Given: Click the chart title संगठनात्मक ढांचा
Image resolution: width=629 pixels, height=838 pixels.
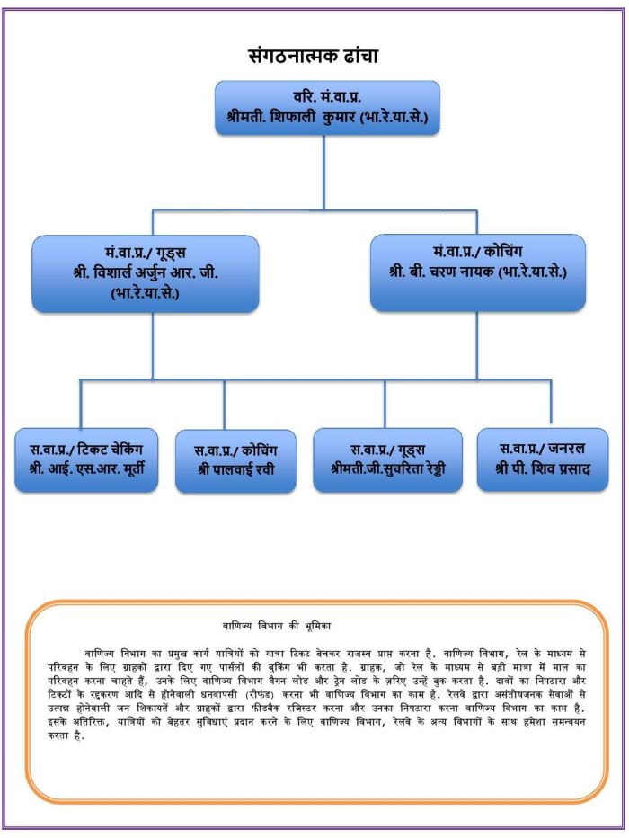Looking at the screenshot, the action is [314, 56].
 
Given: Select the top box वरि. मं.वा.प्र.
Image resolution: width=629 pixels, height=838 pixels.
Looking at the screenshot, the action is [327, 108].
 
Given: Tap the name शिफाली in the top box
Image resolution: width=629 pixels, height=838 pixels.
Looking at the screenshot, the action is [293, 117].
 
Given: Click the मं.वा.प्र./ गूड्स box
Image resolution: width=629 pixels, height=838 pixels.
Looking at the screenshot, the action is [146, 273].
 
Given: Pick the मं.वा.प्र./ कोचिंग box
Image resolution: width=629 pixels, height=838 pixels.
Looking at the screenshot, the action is [478, 272].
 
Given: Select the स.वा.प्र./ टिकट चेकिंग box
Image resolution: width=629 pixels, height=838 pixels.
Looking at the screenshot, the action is [86, 460].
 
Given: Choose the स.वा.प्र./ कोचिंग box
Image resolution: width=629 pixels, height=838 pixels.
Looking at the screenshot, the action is [235, 460].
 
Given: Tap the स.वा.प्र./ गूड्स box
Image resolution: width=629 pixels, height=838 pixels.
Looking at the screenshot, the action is [387, 460].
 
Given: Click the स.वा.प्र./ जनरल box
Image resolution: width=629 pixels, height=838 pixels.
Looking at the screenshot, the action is [543, 459].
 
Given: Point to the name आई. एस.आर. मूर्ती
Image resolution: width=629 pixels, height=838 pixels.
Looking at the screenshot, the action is [95, 469].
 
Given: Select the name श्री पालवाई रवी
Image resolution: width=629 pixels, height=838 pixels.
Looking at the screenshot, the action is [236, 469].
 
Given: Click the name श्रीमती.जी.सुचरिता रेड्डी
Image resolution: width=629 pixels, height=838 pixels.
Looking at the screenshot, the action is [387, 469].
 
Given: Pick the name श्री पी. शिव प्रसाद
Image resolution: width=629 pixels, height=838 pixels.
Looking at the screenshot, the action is [543, 469].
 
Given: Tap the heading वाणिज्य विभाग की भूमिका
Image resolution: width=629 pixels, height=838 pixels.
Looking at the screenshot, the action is [277, 626].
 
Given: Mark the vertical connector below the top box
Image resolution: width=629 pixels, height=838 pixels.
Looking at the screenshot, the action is [323, 172].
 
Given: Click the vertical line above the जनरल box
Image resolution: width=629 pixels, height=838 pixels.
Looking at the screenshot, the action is [551, 402].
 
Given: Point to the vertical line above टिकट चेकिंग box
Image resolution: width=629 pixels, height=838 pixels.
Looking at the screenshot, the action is [81, 404].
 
